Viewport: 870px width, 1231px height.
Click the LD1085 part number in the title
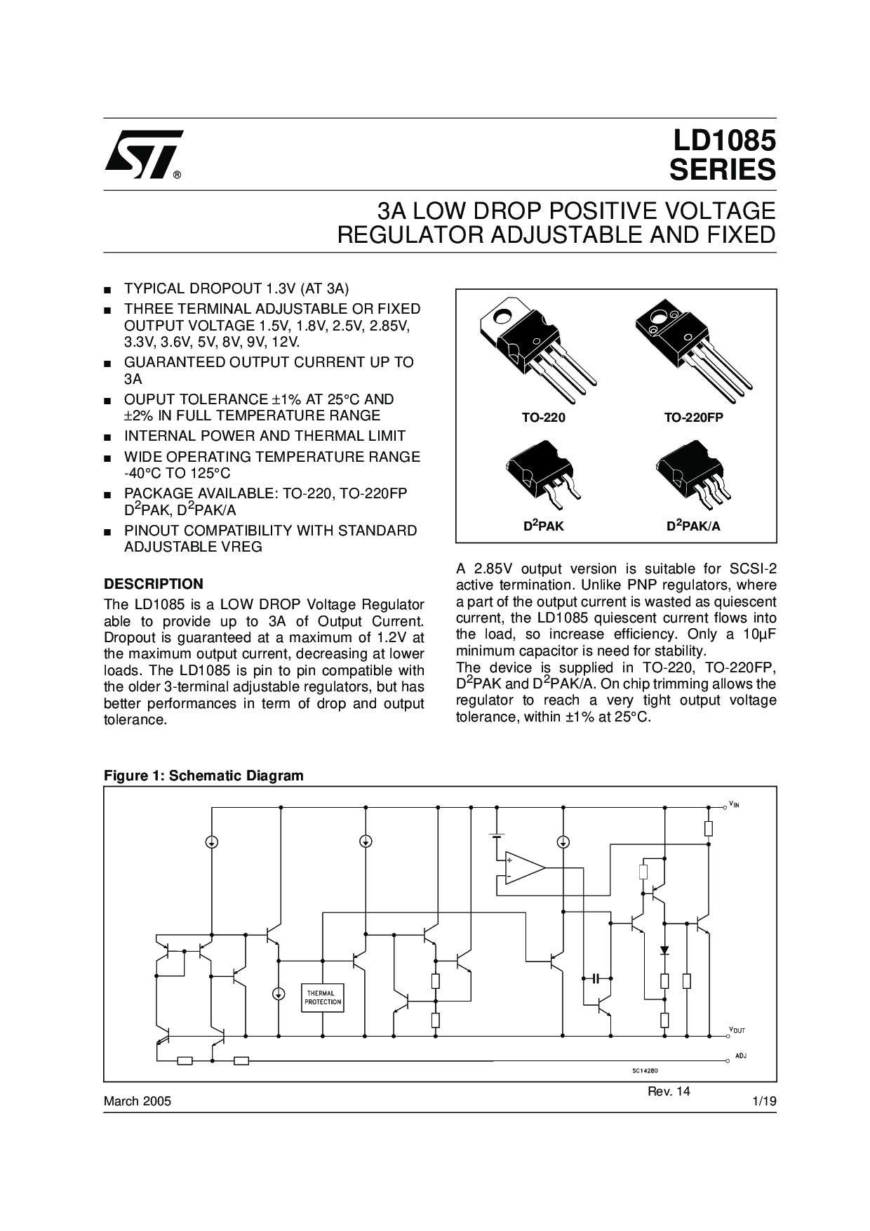[725, 142]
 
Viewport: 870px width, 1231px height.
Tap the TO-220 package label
[543, 418]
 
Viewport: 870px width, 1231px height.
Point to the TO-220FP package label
[693, 418]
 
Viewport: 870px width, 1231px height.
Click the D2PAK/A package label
[693, 526]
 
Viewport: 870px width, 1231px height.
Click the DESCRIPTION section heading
[154, 584]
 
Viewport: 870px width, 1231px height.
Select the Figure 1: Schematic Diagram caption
[203, 776]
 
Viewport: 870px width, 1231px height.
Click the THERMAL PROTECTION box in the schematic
[323, 997]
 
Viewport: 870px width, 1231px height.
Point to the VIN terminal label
[734, 804]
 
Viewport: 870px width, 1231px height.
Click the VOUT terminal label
[737, 1030]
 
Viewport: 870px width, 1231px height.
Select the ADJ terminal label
[741, 1056]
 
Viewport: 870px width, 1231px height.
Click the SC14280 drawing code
[643, 1070]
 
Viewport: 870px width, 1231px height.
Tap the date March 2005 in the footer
[138, 1101]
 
